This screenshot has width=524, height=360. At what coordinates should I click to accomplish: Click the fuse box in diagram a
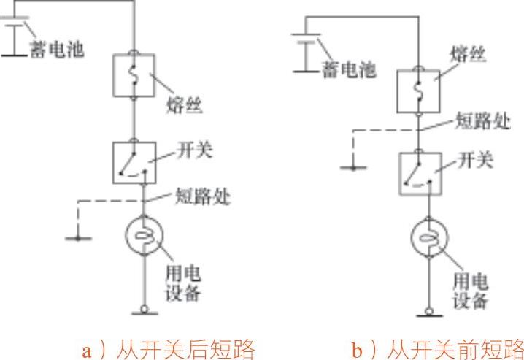point(134,75)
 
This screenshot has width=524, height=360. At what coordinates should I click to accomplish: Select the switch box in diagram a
point(134,162)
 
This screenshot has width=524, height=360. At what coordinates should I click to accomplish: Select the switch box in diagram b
point(419,173)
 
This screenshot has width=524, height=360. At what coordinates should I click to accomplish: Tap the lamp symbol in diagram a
point(144,236)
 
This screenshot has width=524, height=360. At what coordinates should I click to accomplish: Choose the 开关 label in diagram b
point(477,161)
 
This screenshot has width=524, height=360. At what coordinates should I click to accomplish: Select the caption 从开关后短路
point(168,349)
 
